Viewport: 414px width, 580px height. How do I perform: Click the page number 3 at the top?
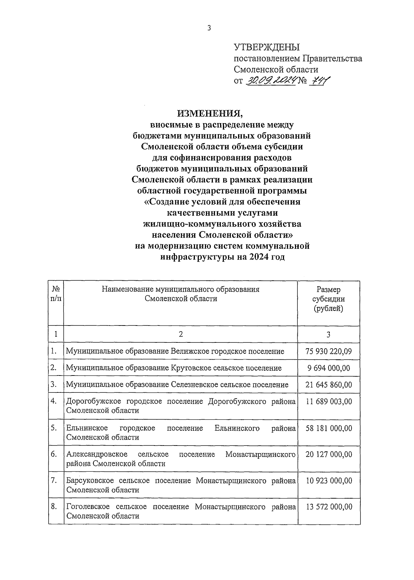click(209, 28)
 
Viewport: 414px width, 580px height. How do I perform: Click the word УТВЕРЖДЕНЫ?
click(267, 47)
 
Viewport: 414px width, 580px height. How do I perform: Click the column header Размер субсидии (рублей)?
click(328, 299)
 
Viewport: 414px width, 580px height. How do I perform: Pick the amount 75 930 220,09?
click(328, 351)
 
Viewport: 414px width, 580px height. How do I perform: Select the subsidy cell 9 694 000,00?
click(328, 368)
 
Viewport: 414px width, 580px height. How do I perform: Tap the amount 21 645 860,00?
click(328, 384)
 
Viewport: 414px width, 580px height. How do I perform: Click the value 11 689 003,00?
click(328, 401)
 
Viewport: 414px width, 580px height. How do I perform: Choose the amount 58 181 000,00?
click(328, 428)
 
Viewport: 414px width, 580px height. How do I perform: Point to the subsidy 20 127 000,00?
click(328, 454)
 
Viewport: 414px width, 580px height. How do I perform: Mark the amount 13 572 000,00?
click(328, 507)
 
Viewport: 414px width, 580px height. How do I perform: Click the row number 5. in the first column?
click(53, 428)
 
